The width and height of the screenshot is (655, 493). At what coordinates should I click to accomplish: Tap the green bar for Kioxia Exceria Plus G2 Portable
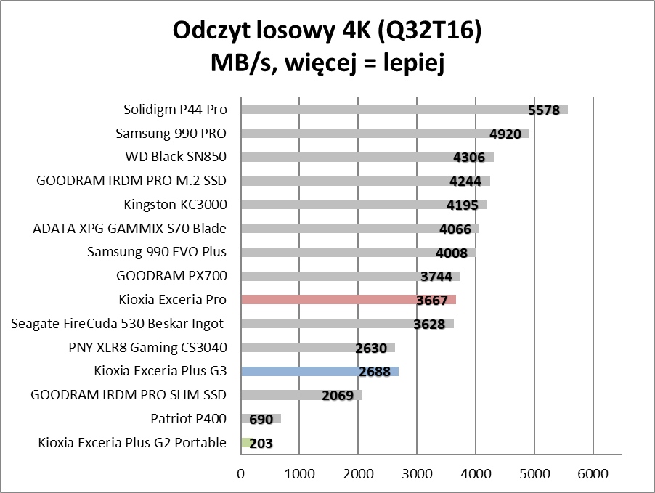245,443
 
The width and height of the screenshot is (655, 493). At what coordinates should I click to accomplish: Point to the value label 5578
544,110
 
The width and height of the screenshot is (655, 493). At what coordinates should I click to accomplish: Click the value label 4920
505,134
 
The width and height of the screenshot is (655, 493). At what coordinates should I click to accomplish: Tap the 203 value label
261,444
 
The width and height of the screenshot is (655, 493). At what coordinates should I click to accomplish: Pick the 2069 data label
337,396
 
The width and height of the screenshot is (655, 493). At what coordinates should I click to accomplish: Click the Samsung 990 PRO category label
171,134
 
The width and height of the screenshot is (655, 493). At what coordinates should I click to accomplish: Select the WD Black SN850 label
176,157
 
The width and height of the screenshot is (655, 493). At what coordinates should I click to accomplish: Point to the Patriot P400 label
188,418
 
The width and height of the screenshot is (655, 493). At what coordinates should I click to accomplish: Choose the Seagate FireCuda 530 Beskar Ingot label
117,324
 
